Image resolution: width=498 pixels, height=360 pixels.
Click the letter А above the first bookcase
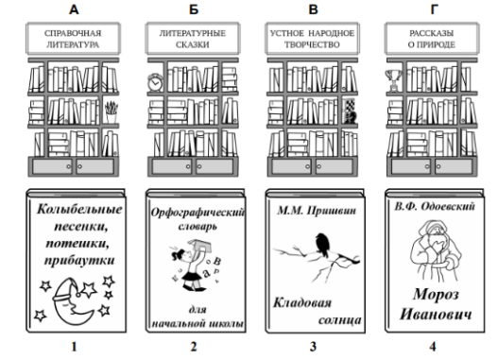pos(74,9)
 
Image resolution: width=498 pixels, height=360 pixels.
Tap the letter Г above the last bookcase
pos(435,9)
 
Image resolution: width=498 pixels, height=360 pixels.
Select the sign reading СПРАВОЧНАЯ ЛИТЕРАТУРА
pos(73,39)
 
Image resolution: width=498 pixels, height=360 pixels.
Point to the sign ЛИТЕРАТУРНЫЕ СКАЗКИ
pos(193,39)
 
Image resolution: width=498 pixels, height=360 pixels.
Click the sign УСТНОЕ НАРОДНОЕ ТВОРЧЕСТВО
pos(312,39)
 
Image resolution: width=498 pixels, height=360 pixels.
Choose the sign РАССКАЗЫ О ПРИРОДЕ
pos(432,39)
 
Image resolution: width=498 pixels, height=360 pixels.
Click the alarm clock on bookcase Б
pos(155,82)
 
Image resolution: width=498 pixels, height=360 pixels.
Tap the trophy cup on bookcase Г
pos(393,80)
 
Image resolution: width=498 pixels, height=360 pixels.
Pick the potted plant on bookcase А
pos(112,112)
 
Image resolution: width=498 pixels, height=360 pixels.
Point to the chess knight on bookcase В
pos(350,117)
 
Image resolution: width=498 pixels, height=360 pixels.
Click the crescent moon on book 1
pos(72,302)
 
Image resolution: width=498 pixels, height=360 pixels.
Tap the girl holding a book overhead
pos(192,265)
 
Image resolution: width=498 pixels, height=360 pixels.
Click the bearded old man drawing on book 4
pos(436,250)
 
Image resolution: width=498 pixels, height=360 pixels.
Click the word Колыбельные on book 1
pos(79,210)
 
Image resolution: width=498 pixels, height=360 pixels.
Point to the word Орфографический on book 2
pos(197,212)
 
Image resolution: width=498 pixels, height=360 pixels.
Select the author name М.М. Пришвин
pos(317,210)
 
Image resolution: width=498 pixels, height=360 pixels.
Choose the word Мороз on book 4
pos(436,295)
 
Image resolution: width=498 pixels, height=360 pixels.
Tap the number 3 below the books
pos(313,347)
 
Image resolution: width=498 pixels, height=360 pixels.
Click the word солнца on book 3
pos(340,319)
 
